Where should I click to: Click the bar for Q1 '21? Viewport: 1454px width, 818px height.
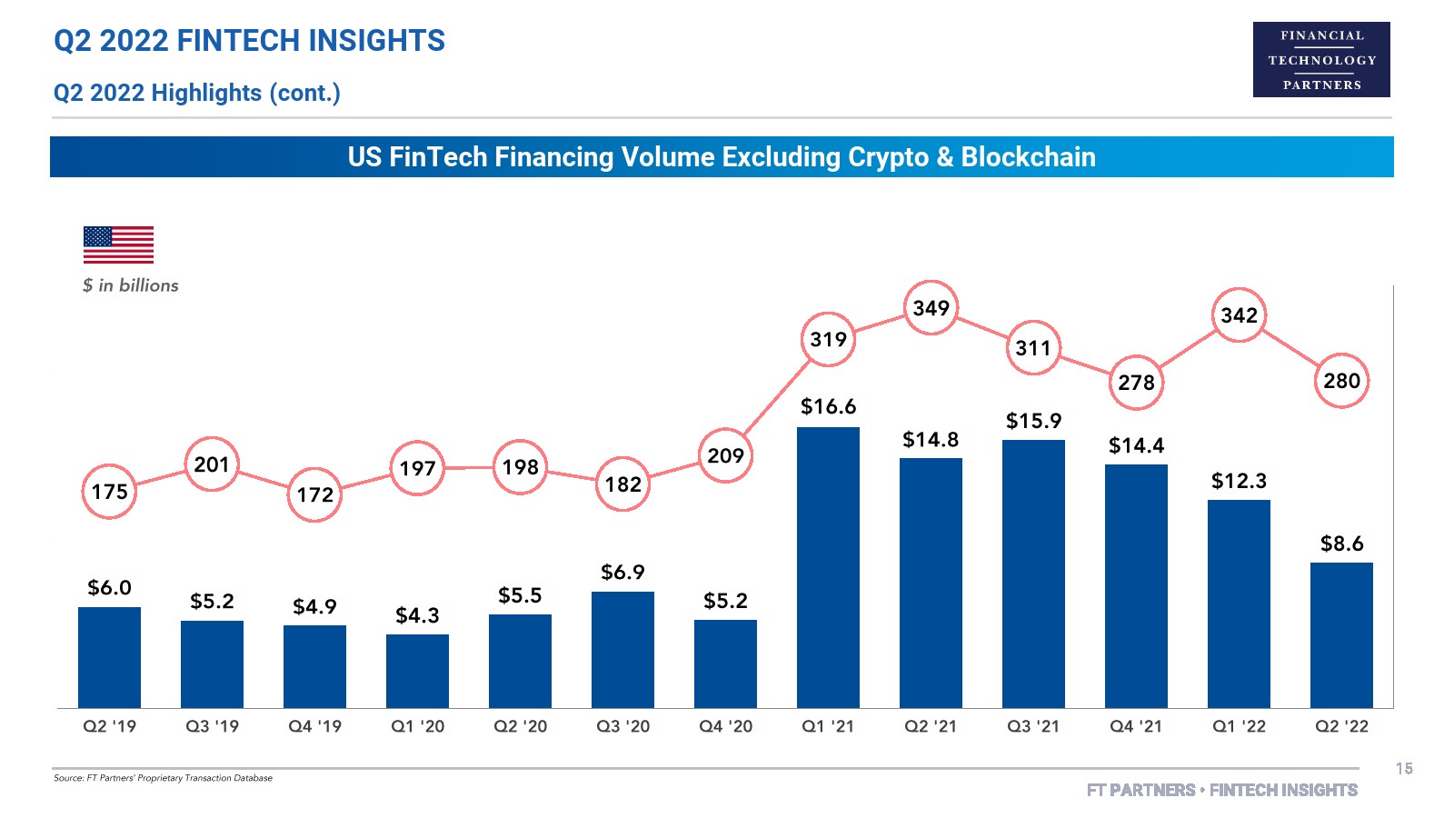(828, 567)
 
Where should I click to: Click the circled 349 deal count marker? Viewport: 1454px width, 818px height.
(931, 308)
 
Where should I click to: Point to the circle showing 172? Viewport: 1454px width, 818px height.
(314, 494)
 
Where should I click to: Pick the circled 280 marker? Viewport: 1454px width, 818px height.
(1341, 381)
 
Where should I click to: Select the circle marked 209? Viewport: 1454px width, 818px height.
(725, 455)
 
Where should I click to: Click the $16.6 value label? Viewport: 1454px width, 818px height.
(828, 406)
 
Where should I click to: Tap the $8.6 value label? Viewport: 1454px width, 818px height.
(1341, 544)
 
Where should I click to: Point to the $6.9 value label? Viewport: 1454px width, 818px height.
(622, 572)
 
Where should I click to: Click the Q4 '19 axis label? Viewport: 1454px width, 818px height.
(314, 726)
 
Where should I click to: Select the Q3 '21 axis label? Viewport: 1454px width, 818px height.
(1033, 726)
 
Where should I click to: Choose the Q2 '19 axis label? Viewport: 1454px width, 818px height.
(109, 726)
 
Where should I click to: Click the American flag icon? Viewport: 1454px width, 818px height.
(118, 244)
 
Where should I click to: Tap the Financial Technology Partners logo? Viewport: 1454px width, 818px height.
(1321, 60)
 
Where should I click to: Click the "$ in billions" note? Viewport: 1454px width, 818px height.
(130, 285)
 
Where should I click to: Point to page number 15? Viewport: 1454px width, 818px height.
(1404, 769)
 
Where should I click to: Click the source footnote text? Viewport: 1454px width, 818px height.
(163, 778)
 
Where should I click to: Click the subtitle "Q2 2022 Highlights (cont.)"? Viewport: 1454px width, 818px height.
(196, 93)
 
